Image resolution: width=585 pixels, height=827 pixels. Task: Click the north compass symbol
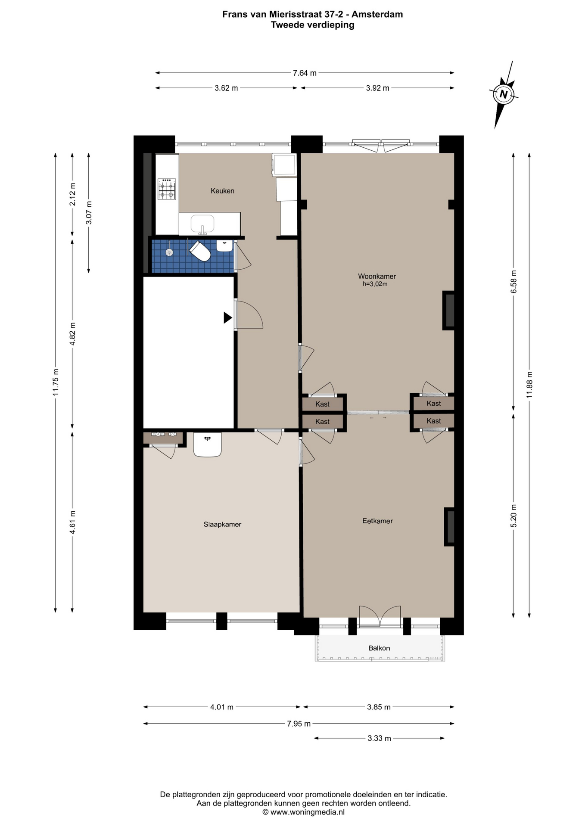[x=504, y=94]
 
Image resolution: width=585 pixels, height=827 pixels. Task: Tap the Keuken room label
[x=222, y=191]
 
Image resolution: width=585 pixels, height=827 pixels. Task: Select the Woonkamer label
[x=377, y=277]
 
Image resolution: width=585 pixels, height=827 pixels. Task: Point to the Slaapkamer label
[x=222, y=524]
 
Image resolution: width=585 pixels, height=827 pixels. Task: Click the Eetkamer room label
[x=377, y=521]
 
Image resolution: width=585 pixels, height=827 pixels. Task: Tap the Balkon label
[x=379, y=648]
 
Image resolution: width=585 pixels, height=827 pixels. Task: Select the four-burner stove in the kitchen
[x=167, y=189]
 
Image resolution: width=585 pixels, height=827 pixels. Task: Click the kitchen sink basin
[x=202, y=224]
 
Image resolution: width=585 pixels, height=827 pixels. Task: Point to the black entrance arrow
[x=228, y=318]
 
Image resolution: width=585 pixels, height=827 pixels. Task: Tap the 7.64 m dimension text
[x=305, y=73]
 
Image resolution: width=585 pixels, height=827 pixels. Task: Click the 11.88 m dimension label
[x=529, y=384]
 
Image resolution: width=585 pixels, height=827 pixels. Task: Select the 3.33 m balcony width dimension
[x=379, y=738]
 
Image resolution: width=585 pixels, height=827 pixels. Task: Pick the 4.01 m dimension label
[x=222, y=707]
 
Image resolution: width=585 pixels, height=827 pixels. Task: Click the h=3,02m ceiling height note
[x=375, y=284]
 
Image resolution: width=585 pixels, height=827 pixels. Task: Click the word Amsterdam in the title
[x=377, y=14]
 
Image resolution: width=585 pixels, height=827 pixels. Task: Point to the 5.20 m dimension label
[x=513, y=516]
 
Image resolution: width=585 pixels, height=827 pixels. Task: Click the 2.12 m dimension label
[x=72, y=194]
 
